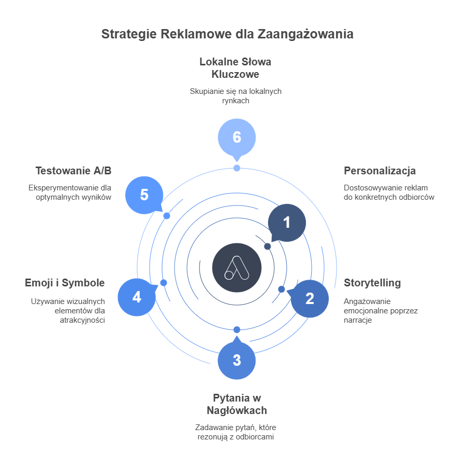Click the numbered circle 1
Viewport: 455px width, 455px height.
(x=287, y=223)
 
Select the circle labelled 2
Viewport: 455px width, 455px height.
(x=310, y=298)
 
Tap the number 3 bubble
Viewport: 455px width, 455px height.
(x=237, y=360)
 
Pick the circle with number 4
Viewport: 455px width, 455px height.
(x=137, y=297)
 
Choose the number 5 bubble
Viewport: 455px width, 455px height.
(x=144, y=195)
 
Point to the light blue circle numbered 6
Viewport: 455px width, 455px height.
(x=237, y=137)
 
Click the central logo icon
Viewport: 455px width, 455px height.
(x=237, y=267)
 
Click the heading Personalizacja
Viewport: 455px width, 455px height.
(x=380, y=171)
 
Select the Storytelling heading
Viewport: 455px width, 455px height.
(x=372, y=283)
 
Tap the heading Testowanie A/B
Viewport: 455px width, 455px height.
(x=73, y=171)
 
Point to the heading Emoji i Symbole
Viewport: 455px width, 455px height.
(x=65, y=283)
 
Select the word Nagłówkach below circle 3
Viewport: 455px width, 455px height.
(x=236, y=410)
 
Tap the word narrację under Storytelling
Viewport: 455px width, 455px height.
(x=358, y=320)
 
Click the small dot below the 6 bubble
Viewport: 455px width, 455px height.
(x=237, y=168)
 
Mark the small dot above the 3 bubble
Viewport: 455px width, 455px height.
(x=237, y=329)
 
